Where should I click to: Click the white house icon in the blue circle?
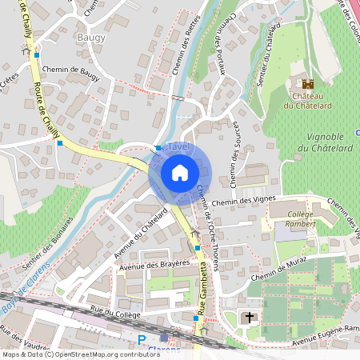coord(179,172)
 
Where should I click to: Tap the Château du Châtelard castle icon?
coord(308,84)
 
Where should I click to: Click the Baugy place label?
coord(91,37)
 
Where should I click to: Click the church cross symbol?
coord(250,318)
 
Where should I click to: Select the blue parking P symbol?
coord(142,341)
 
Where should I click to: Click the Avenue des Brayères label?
coord(154,264)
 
